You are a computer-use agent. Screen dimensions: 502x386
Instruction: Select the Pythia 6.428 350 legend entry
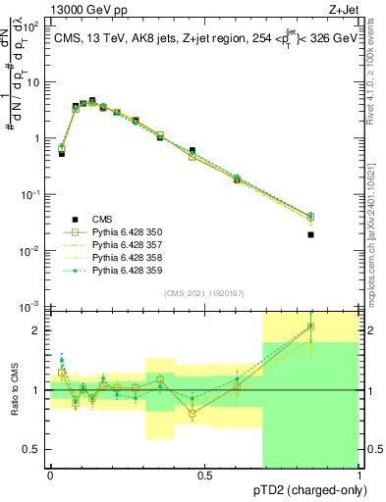pos(124,232)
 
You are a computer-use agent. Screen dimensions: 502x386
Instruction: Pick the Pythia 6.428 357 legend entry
pos(124,245)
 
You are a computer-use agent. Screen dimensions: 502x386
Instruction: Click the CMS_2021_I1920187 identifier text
pos(203,293)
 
